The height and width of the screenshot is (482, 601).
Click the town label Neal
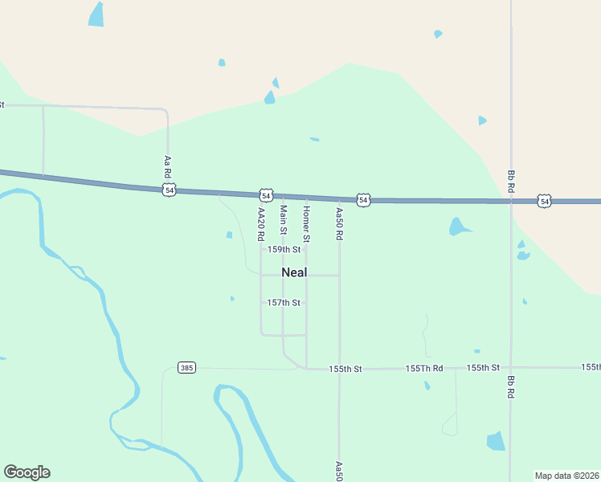coord(294,272)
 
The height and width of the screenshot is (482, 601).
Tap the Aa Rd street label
coord(167,167)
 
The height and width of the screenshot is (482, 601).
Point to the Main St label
coord(283,219)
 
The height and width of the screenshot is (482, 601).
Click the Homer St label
coord(306,224)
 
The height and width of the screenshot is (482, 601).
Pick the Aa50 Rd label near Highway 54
coord(339,224)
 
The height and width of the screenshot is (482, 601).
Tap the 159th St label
coord(284,250)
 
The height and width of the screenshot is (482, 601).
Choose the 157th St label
coord(284,303)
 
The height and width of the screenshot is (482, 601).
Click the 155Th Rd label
coord(424,368)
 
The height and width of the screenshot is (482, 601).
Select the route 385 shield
coord(186,368)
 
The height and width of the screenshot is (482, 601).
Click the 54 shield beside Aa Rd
coord(169,190)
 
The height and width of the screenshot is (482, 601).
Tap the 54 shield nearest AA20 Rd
coord(266,195)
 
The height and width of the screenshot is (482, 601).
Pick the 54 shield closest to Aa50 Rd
coord(363,200)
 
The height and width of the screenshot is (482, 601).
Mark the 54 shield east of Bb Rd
coord(545,201)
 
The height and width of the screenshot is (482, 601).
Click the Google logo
coord(27,472)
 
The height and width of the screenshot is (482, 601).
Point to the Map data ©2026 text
coord(566,476)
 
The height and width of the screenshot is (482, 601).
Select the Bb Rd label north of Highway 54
coord(511,180)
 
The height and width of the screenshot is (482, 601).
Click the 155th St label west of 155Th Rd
coord(345,369)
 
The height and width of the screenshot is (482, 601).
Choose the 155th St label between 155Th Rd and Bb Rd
coord(483,367)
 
